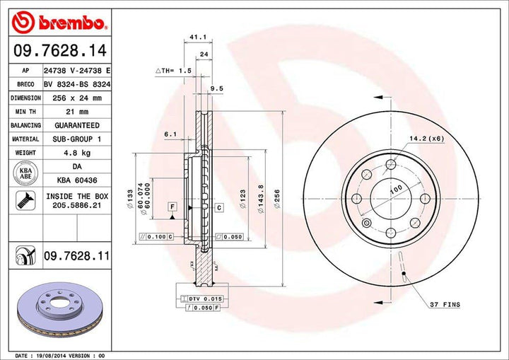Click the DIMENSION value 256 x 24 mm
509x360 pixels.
coord(72,98)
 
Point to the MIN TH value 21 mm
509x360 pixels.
coord(72,112)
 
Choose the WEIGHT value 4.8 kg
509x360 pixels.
coord(72,153)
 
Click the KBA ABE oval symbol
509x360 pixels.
coord(25,173)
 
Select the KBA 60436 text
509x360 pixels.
coord(72,180)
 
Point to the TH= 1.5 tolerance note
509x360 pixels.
coord(174,71)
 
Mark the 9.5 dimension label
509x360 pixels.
coord(216,88)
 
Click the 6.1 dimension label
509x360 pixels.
coord(170,133)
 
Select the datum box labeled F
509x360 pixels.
coord(170,206)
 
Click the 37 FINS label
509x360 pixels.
coord(445,304)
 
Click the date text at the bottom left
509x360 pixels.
coord(59,355)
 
